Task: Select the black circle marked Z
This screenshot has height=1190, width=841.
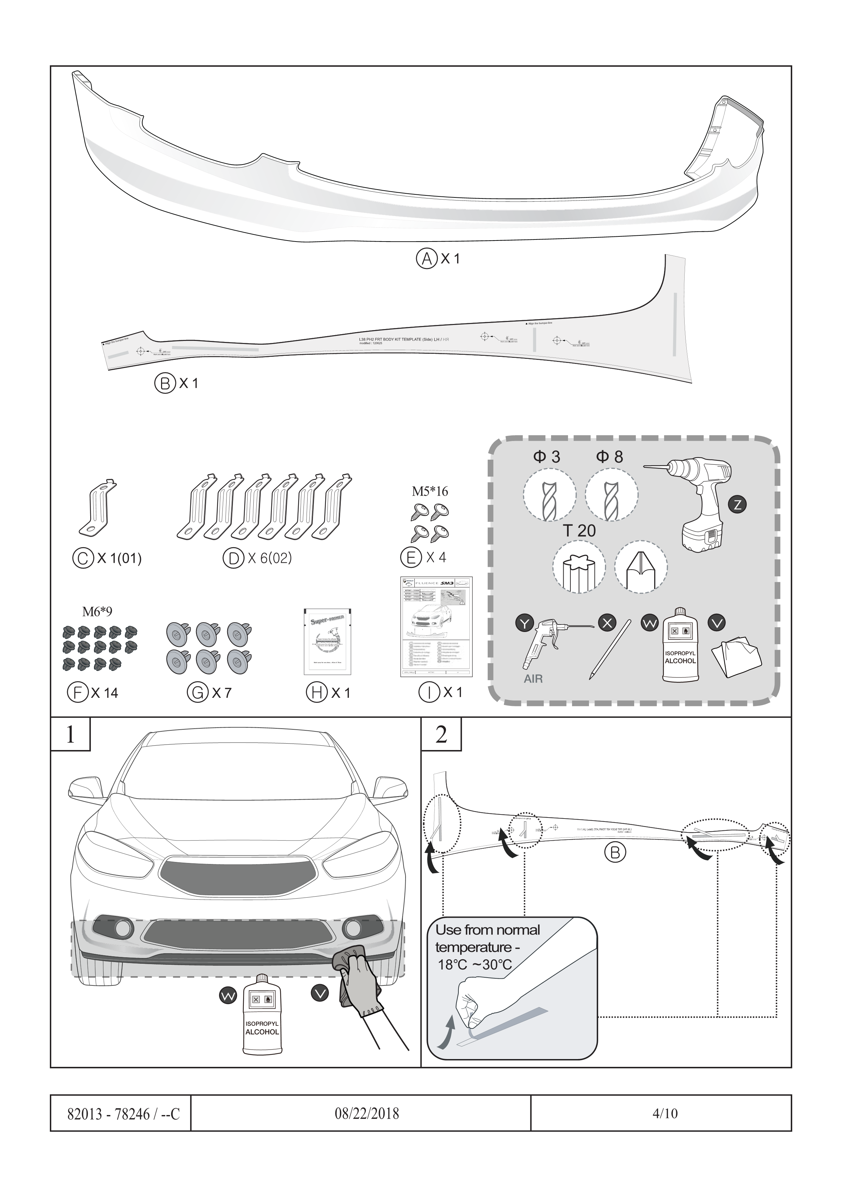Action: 737,504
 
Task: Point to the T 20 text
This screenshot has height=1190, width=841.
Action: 579,531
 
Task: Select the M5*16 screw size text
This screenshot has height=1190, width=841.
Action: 430,491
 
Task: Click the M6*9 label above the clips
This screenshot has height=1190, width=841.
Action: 97,612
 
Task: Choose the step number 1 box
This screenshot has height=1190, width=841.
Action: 71,734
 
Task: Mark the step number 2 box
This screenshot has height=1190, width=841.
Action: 441,734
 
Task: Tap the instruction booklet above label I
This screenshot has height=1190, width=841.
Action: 436,627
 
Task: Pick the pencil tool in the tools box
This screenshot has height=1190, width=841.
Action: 609,650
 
